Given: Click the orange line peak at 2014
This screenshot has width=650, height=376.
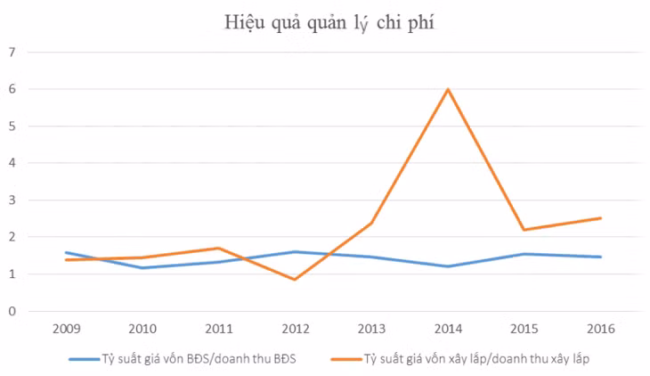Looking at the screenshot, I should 448,89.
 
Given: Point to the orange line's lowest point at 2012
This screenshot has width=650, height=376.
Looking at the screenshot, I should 295,280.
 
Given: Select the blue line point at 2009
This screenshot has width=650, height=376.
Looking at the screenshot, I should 65,252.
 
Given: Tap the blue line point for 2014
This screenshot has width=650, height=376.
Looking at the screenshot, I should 448,266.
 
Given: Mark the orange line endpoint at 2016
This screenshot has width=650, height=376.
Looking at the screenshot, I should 601,217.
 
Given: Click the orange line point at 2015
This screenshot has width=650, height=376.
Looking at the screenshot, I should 524,230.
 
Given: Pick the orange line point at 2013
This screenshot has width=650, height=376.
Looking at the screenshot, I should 371,223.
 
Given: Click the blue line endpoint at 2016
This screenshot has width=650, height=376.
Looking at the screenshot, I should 601,257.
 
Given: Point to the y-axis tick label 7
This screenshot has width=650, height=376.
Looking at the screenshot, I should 12,52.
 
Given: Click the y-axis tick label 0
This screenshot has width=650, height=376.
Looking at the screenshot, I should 12,311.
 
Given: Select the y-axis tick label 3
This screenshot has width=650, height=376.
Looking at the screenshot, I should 12,200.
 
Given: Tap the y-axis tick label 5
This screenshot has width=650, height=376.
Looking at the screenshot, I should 12,126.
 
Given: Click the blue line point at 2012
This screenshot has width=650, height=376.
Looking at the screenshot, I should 295,251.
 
